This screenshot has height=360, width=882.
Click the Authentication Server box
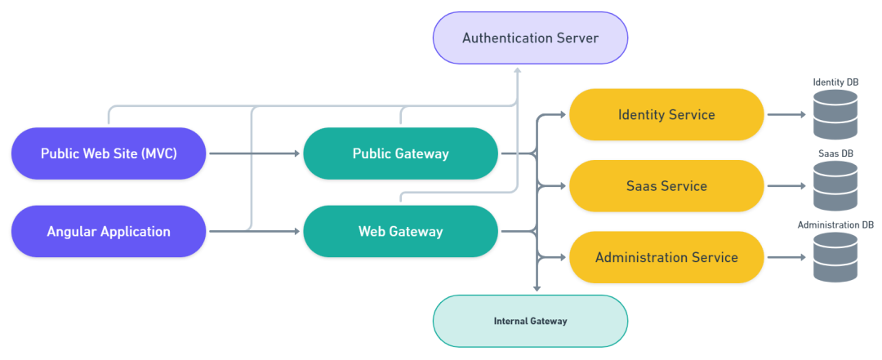(x=530, y=38)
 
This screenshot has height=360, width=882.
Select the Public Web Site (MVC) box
(x=109, y=153)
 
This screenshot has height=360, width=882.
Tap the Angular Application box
(x=109, y=232)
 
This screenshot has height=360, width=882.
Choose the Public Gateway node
(x=400, y=153)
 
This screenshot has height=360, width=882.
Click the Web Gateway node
(x=400, y=232)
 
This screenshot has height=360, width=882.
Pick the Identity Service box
(x=666, y=115)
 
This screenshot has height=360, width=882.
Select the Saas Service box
(x=666, y=186)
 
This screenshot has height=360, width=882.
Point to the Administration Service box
(x=666, y=258)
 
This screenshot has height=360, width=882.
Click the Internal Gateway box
(x=530, y=321)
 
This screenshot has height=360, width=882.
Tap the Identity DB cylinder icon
(x=835, y=115)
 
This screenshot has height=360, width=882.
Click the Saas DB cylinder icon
(x=835, y=186)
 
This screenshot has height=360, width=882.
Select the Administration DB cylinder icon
(x=835, y=258)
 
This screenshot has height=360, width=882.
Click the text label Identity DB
(x=835, y=82)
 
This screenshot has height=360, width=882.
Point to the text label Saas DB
(x=835, y=153)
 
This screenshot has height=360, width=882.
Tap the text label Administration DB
(x=835, y=224)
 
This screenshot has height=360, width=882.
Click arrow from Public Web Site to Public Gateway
(x=254, y=153)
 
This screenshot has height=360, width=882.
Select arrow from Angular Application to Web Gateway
(x=254, y=232)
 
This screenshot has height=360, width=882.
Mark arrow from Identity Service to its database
(x=786, y=115)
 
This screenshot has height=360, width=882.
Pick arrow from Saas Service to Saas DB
(x=786, y=186)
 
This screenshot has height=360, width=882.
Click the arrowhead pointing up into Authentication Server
(x=517, y=71)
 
